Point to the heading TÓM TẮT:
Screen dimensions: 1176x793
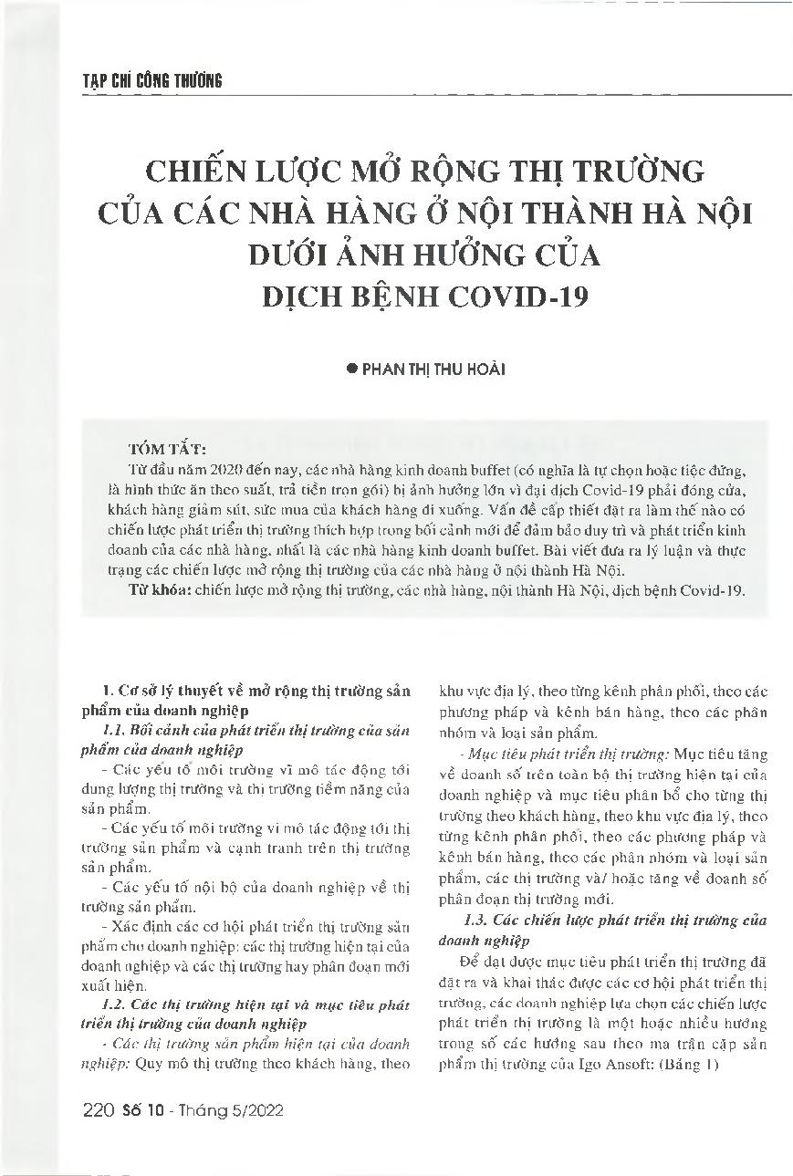[170, 450]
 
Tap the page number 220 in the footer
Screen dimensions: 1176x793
[97, 1110]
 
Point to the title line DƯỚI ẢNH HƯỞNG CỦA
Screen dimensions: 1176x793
[425, 254]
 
